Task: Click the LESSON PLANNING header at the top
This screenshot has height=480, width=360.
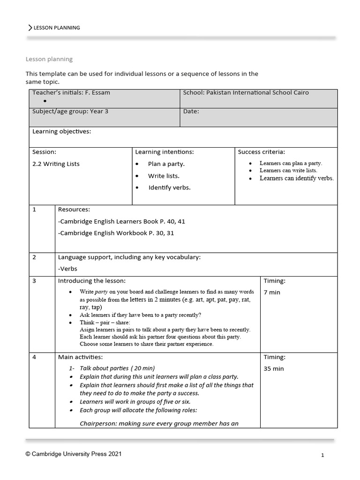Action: point(57,28)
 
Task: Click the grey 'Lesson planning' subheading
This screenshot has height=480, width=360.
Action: point(49,59)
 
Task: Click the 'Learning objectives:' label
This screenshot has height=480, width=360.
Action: point(61,132)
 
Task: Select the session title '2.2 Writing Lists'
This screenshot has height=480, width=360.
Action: point(56,164)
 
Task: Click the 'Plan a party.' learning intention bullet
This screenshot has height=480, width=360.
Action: point(166,164)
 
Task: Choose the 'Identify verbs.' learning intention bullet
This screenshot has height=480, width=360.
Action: point(169,187)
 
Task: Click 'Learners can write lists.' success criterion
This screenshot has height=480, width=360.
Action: point(288,171)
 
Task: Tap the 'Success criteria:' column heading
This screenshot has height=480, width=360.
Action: point(261,152)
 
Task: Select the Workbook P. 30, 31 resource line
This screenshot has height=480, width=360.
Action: point(116,233)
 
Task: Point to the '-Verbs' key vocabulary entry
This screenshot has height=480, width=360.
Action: point(67,269)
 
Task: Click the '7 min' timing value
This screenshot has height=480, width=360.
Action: point(272,292)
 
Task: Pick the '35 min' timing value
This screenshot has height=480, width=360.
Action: point(274,369)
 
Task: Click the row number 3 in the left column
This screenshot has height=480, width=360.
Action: point(34,281)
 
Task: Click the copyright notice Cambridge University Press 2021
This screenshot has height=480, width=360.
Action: point(75,454)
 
